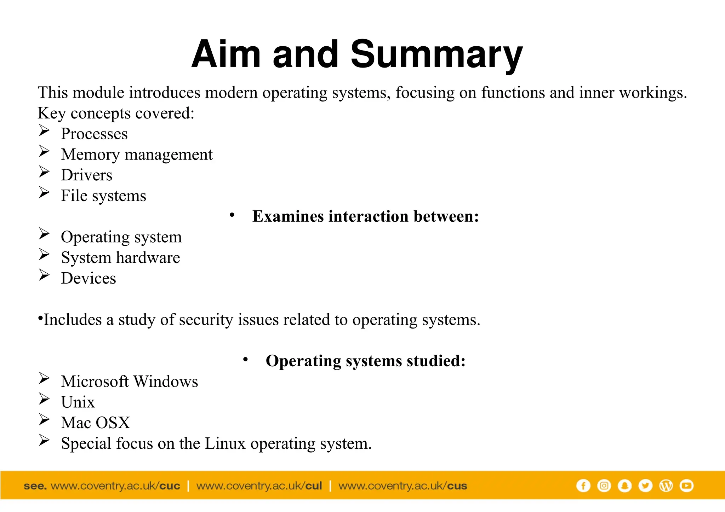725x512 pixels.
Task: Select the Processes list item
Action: pyautogui.click(x=94, y=134)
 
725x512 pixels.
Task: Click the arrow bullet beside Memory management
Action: pyautogui.click(x=44, y=151)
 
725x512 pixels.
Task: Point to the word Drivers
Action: pyautogui.click(x=86, y=175)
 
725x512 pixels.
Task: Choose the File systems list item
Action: pyautogui.click(x=103, y=196)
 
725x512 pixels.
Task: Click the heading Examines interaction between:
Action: pyautogui.click(x=365, y=216)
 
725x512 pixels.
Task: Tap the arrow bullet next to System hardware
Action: pyautogui.click(x=44, y=255)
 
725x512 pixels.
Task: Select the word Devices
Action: pyautogui.click(x=89, y=278)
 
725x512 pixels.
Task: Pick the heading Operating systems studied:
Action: pyautogui.click(x=365, y=361)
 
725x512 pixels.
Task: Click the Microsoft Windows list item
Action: pyautogui.click(x=129, y=382)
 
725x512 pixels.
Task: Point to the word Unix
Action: pyautogui.click(x=78, y=402)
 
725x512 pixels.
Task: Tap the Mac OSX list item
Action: pyautogui.click(x=96, y=423)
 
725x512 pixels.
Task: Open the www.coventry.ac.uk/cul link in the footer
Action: pyautogui.click(x=259, y=486)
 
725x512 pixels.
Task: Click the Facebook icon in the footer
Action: pyautogui.click(x=583, y=486)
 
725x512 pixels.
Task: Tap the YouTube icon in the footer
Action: pyautogui.click(x=686, y=486)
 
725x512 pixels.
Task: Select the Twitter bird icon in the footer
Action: pyautogui.click(x=645, y=486)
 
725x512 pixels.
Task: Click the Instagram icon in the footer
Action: pyautogui.click(x=604, y=486)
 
